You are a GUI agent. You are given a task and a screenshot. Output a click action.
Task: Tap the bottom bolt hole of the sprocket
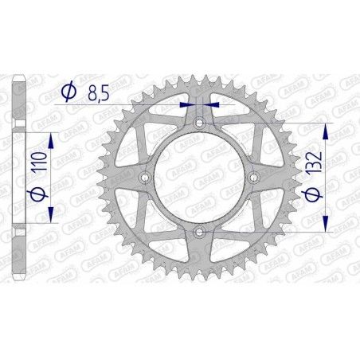tap(198, 231)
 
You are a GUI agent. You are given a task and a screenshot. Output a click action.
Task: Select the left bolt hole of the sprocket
tap(144, 177)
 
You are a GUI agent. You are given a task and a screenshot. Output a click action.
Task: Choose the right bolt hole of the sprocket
tap(252, 177)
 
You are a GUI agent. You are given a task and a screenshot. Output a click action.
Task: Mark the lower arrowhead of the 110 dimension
tap(52, 215)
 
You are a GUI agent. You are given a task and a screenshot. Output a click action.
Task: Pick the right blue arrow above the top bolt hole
tap(210, 104)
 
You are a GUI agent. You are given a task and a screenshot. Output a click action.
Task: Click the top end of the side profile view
tap(22, 80)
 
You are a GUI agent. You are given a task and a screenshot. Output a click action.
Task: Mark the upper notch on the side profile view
tap(22, 132)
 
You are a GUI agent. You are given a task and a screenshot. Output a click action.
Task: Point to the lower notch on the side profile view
tap(22, 222)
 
